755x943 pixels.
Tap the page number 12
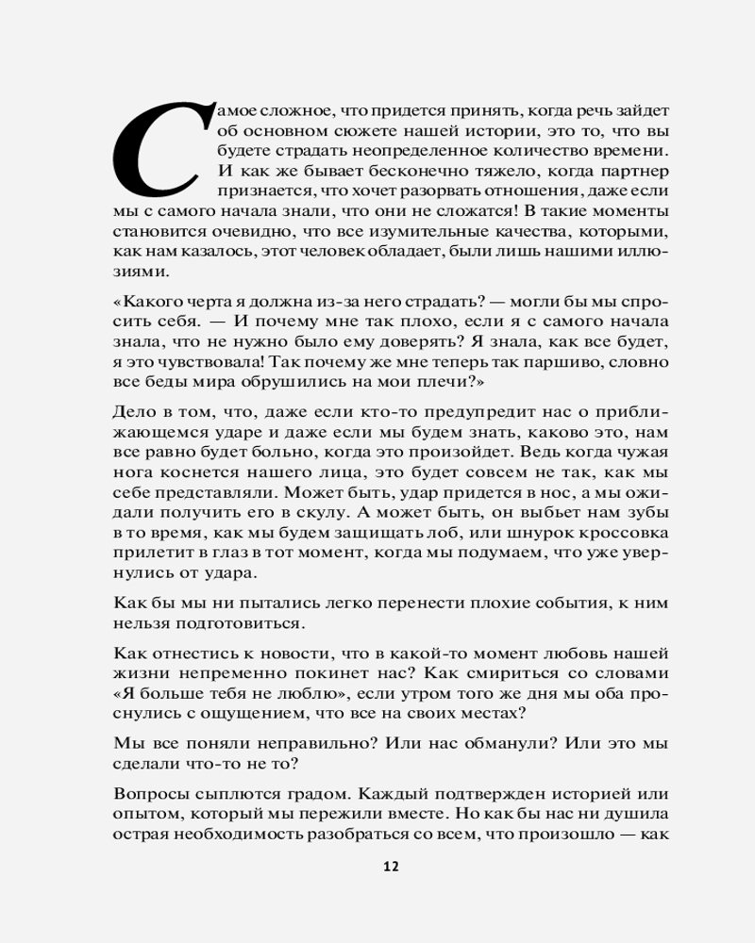[391, 867]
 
